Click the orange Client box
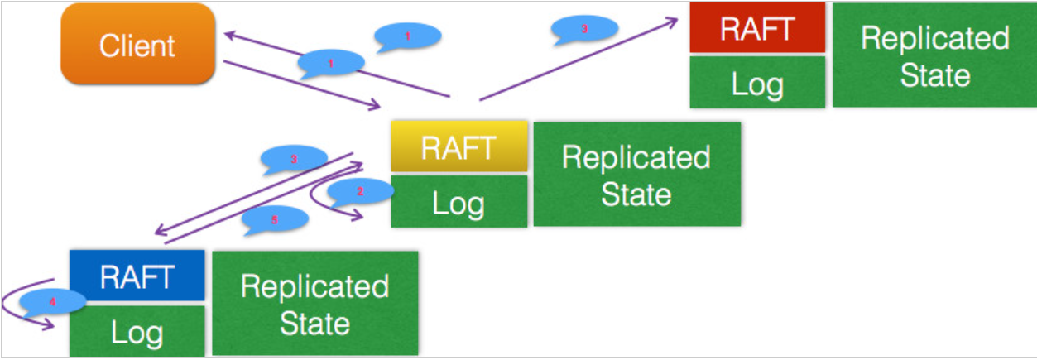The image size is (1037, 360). click(x=137, y=44)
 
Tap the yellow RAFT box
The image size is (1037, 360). click(x=458, y=146)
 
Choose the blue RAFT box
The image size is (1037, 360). click(x=137, y=276)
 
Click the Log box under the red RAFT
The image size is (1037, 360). click(x=757, y=83)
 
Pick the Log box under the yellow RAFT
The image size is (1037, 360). click(x=458, y=201)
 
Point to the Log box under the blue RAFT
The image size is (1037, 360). click(x=137, y=330)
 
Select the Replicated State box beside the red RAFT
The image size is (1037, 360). click(x=934, y=55)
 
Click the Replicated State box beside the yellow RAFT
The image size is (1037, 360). click(x=637, y=175)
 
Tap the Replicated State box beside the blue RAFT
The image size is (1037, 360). click(x=315, y=304)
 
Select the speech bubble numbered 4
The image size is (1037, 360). click(x=52, y=302)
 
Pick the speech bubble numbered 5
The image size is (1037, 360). click(x=275, y=219)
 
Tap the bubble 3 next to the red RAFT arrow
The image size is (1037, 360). click(x=584, y=29)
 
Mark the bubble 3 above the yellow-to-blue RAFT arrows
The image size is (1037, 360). click(x=294, y=159)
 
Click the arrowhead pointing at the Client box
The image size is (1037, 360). click(x=231, y=36)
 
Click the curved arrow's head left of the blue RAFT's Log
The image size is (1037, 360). click(x=48, y=324)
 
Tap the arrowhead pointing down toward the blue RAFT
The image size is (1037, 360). click(x=161, y=230)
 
